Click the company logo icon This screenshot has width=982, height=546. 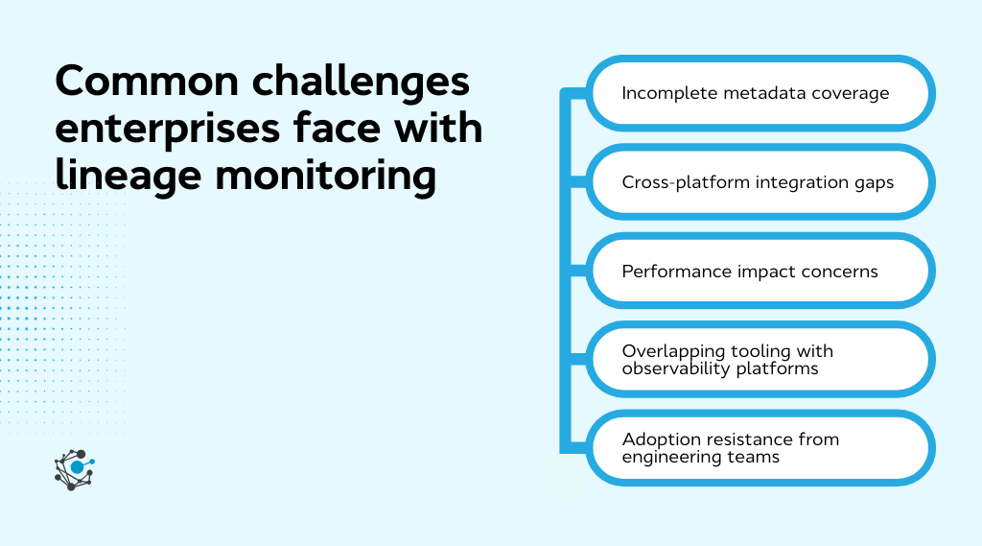click(75, 469)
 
